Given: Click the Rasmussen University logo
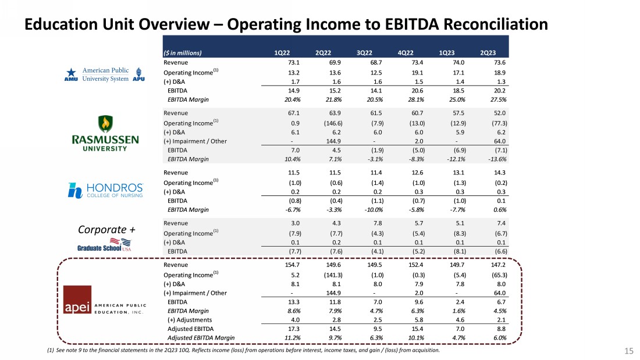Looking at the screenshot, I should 105,133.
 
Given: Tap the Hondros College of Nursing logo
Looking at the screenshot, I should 106,190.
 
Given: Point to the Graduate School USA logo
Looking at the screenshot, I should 105,244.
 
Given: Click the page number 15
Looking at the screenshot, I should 628,351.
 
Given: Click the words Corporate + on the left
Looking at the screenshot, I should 107,230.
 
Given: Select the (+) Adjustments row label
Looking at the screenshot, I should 190,320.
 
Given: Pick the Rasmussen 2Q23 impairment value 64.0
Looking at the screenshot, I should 500,141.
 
